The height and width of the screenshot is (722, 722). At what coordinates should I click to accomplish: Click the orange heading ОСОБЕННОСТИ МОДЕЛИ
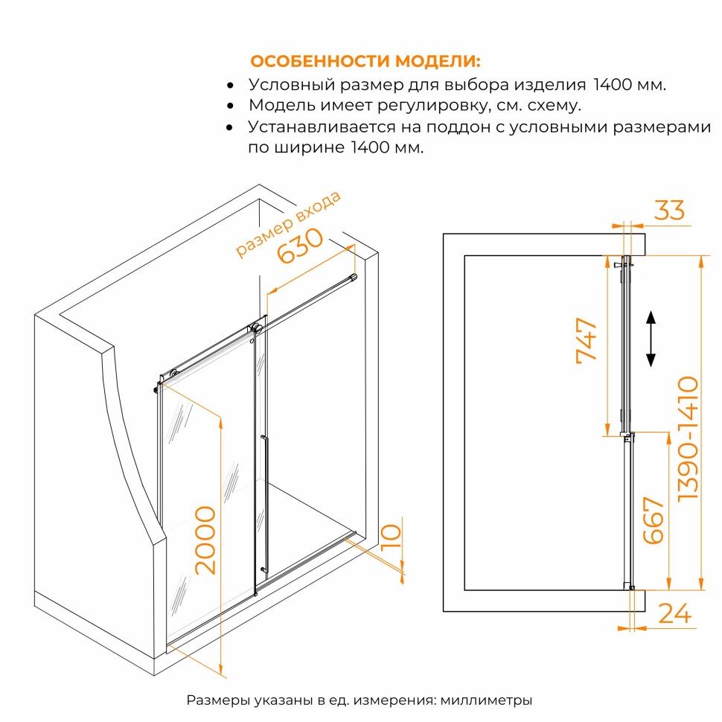point(365,61)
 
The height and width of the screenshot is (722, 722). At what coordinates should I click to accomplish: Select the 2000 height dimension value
point(205,540)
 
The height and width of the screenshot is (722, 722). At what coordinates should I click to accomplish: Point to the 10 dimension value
point(392,537)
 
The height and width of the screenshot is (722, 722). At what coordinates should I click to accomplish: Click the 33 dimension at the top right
point(669,210)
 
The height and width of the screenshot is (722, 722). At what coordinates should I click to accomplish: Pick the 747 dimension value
point(587,341)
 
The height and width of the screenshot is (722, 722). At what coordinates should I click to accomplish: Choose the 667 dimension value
point(653,520)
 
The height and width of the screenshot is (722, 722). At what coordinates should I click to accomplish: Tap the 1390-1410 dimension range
point(689,438)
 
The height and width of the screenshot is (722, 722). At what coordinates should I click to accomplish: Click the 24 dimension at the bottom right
point(675,613)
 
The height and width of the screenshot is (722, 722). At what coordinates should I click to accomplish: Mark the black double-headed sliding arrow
point(651,339)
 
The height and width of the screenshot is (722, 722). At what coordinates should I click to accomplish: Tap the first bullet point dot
point(230,86)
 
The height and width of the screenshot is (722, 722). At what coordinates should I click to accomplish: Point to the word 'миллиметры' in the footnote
point(486,701)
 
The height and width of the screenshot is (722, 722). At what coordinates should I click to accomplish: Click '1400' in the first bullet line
point(613,85)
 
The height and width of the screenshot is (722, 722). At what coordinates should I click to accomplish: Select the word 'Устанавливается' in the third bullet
point(322,127)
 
